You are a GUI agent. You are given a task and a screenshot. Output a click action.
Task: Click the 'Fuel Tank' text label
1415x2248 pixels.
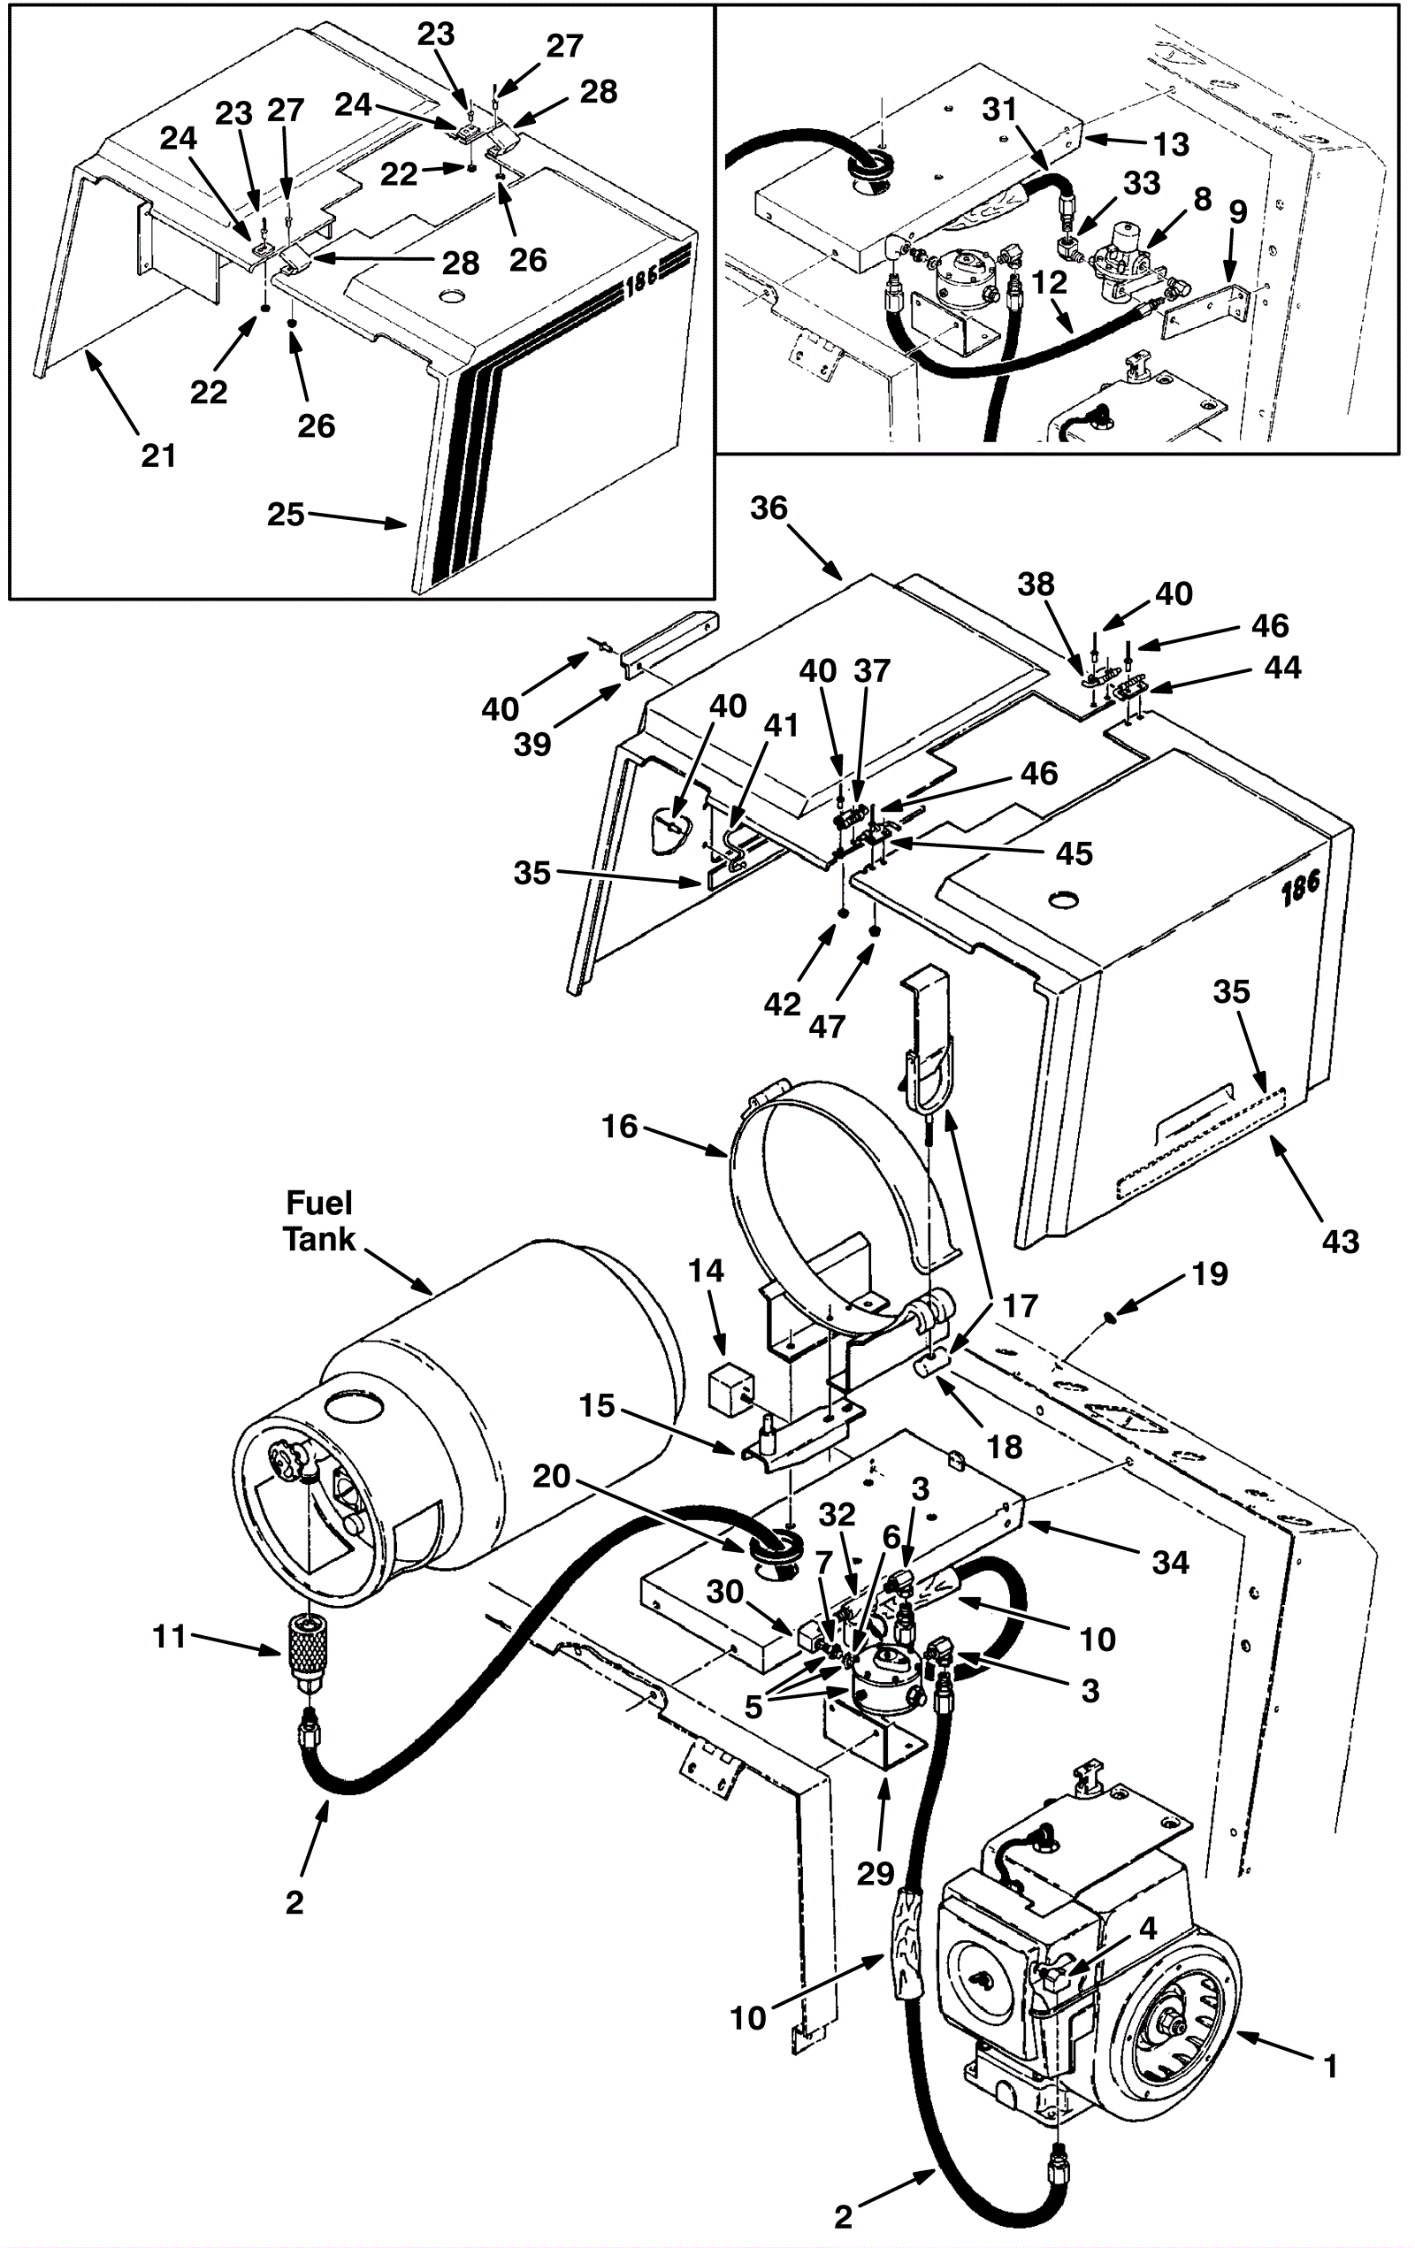pyautogui.click(x=319, y=1220)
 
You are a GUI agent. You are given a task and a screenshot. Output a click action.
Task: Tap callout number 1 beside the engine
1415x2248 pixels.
pyautogui.click(x=1331, y=2066)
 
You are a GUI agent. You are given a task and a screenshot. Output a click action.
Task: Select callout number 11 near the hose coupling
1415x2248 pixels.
pyautogui.click(x=169, y=1635)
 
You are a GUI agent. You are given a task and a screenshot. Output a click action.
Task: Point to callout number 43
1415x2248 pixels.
pyautogui.click(x=1341, y=1241)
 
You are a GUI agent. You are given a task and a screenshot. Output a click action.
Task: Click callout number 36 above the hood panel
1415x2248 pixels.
pyautogui.click(x=769, y=508)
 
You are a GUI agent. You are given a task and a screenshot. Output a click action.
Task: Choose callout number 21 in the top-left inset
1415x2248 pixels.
pyautogui.click(x=158, y=455)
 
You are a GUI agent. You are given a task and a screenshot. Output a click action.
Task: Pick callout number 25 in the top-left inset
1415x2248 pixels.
pyautogui.click(x=286, y=514)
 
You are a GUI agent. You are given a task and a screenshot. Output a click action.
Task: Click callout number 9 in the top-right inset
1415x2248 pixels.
pyautogui.click(x=1237, y=211)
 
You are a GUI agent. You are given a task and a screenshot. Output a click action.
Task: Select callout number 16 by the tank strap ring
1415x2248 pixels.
pyautogui.click(x=620, y=1126)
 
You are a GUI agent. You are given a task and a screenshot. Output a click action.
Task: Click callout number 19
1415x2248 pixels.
pyautogui.click(x=1210, y=1273)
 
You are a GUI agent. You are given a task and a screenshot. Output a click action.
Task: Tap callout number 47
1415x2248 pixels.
pyautogui.click(x=827, y=1026)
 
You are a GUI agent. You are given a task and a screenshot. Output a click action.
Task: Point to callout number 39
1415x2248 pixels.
pyautogui.click(x=532, y=744)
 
